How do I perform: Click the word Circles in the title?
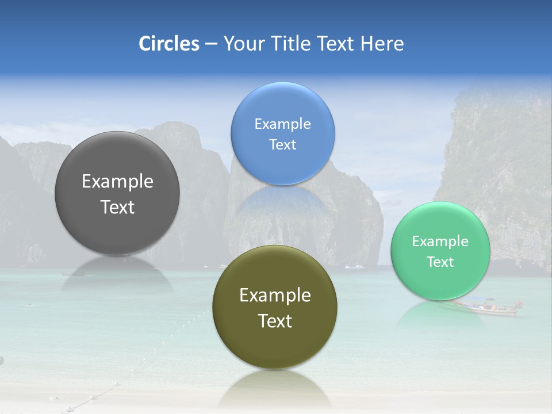[168, 44]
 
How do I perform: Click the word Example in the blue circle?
[282, 124]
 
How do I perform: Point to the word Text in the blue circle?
[282, 144]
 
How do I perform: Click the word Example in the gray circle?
[117, 181]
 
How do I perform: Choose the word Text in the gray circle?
[117, 207]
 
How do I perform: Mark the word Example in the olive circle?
[275, 295]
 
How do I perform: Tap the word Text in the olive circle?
[275, 321]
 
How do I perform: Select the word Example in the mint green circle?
[440, 241]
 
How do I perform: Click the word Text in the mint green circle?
[440, 262]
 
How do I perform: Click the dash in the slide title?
[210, 44]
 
